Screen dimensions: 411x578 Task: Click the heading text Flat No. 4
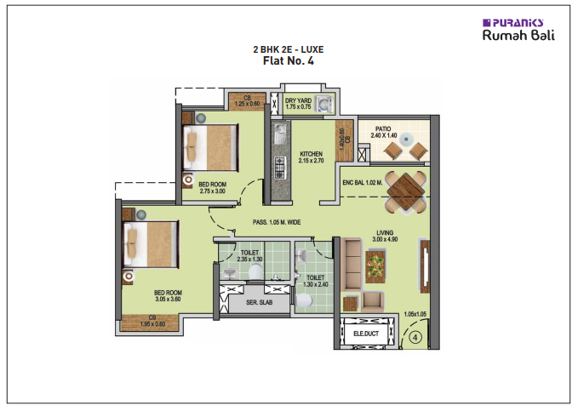point(288,60)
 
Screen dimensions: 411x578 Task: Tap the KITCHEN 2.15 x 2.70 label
point(311,157)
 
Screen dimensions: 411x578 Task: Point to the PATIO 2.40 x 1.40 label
point(384,132)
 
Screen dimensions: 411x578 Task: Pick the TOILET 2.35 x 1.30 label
point(249,255)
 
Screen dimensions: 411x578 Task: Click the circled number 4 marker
point(415,337)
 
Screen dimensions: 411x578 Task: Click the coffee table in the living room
point(375,267)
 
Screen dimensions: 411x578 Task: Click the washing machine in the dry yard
point(323,104)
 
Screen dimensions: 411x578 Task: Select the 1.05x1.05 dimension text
point(415,314)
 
